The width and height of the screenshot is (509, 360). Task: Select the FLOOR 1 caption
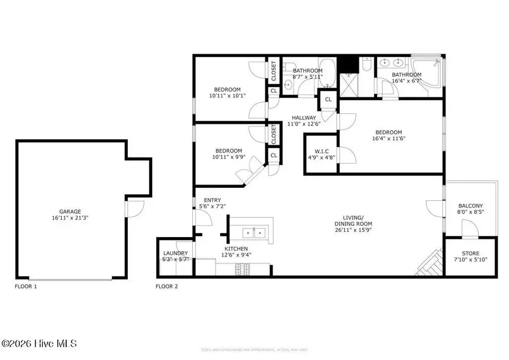25,287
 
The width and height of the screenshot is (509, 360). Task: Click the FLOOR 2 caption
167,287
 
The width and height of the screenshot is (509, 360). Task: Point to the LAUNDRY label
175,253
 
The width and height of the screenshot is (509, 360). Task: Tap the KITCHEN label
236,248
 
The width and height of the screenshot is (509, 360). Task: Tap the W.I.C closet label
321,151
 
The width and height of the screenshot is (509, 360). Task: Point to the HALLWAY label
304,118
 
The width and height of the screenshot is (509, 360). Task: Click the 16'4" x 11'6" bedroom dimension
389,138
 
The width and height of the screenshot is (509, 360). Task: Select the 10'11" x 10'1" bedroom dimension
227,96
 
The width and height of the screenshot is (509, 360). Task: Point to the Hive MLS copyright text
40,344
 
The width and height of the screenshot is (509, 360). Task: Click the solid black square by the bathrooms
345,63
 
